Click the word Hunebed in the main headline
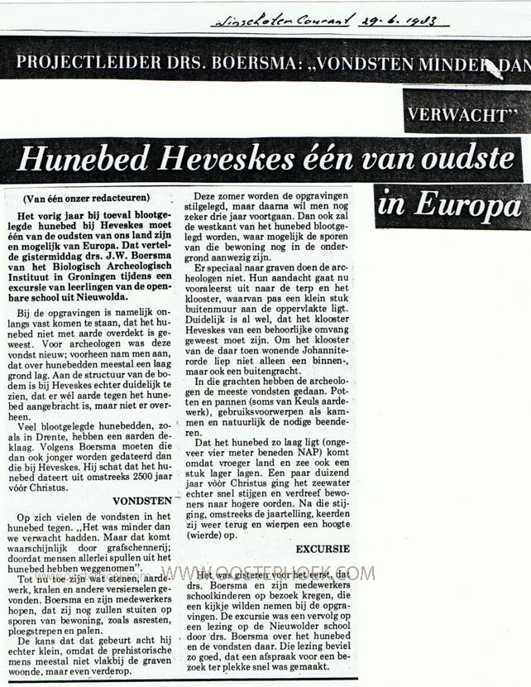[x=80, y=159]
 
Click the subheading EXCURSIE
[x=323, y=549]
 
